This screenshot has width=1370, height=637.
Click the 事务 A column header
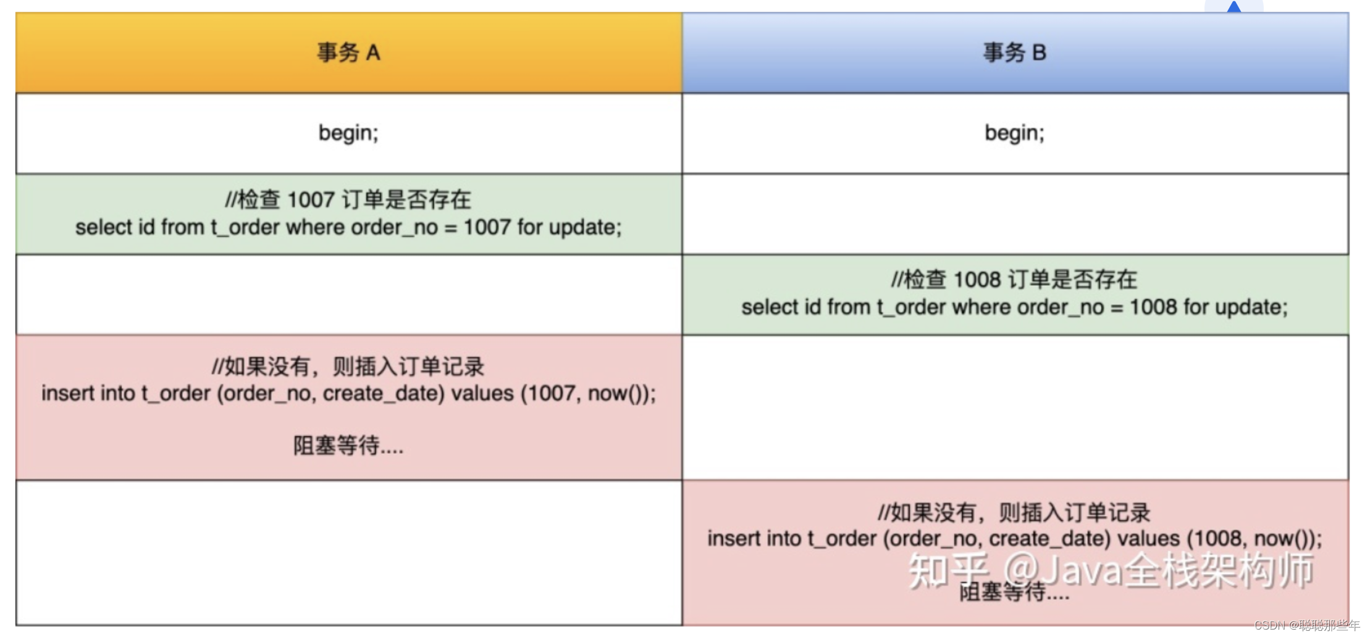[x=349, y=52]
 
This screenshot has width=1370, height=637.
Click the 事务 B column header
[x=1015, y=52]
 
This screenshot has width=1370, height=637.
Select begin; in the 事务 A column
[x=348, y=133]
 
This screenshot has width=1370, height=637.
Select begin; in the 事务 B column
[x=1015, y=133]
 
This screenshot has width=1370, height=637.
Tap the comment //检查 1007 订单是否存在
[x=348, y=199]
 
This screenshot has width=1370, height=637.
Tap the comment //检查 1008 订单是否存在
[x=1014, y=280]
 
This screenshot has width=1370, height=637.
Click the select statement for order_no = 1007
[x=348, y=228]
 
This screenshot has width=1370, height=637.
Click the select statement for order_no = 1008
[x=1015, y=307]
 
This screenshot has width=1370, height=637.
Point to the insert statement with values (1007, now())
[x=349, y=394]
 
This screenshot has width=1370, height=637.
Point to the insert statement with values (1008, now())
[x=1015, y=539]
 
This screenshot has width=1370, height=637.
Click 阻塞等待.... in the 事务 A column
[x=348, y=445]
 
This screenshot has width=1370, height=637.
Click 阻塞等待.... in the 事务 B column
[x=1014, y=592]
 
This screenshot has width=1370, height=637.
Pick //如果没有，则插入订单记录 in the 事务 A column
[x=348, y=367]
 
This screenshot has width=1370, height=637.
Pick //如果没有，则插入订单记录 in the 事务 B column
[x=1014, y=512]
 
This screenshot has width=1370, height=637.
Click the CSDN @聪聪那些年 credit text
[x=1307, y=625]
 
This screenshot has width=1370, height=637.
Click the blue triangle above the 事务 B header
[x=1234, y=7]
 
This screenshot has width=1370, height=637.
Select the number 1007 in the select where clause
[x=487, y=228]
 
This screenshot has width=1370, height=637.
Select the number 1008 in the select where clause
[x=1153, y=307]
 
